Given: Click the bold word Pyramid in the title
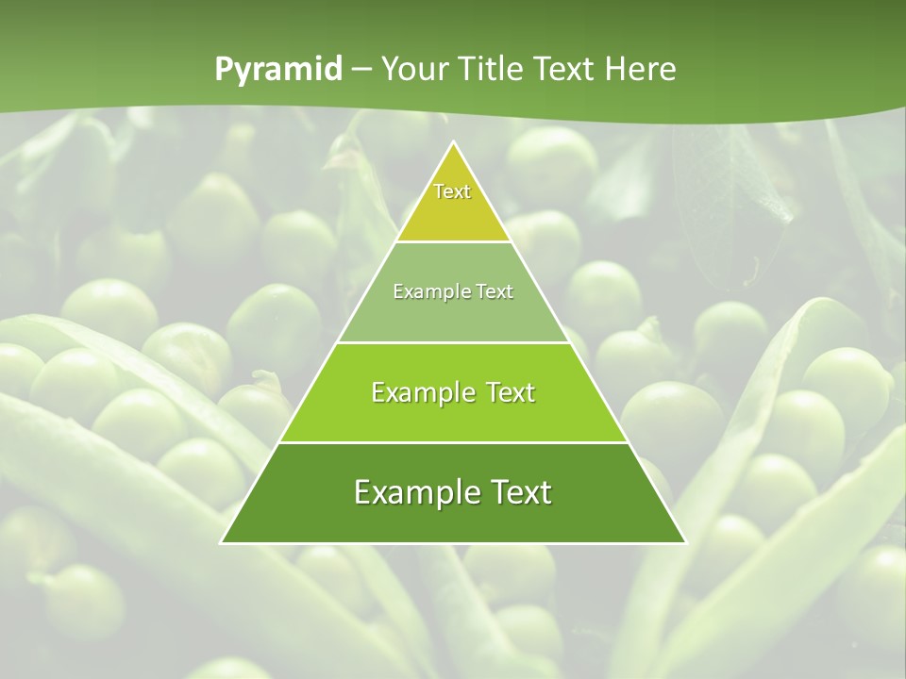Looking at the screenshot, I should [278, 70].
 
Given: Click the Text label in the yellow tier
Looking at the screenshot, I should [452, 191].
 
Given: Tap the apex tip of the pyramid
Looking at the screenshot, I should [454, 143].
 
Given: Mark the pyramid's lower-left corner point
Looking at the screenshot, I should [222, 542].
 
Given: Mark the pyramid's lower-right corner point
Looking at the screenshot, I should [686, 542].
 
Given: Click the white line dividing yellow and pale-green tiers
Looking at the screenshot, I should [454, 242].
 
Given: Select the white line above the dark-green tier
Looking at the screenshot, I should [454, 442].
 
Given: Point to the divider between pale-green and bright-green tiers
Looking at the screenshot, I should [454, 342].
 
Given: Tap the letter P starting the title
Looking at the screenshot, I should [224, 70].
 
